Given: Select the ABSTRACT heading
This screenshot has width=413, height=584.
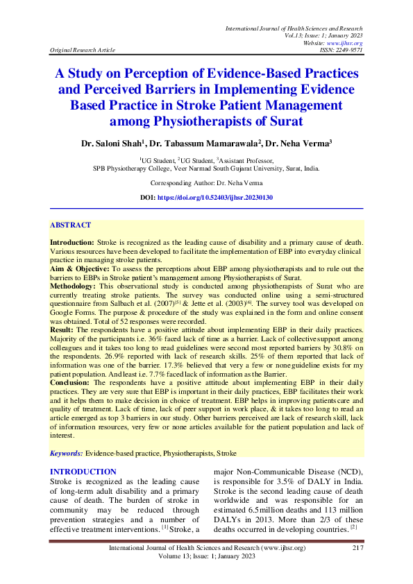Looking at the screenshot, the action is (x=70, y=225).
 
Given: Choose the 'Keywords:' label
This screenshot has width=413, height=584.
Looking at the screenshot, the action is (x=67, y=453).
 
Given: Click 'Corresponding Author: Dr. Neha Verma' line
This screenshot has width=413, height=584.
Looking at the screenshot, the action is (x=206, y=183).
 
